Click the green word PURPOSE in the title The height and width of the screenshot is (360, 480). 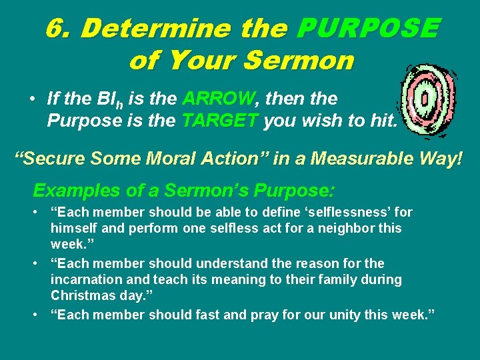[369, 29]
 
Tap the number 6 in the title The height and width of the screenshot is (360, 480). [55, 29]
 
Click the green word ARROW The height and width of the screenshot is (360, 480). [217, 99]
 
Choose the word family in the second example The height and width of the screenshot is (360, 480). [322, 279]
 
